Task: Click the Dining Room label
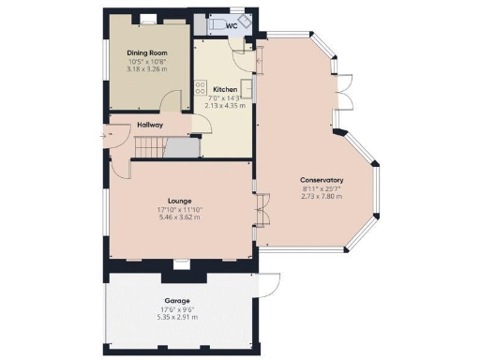pos(146,53)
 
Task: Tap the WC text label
pos(231,25)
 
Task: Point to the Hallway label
pos(150,124)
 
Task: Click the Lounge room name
pos(180,200)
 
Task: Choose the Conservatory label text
pos(322,180)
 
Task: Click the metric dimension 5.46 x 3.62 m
pos(180,217)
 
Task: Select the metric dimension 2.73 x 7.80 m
pos(322,197)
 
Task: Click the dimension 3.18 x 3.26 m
pos(146,69)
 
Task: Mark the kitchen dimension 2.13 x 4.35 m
pos(225,106)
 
